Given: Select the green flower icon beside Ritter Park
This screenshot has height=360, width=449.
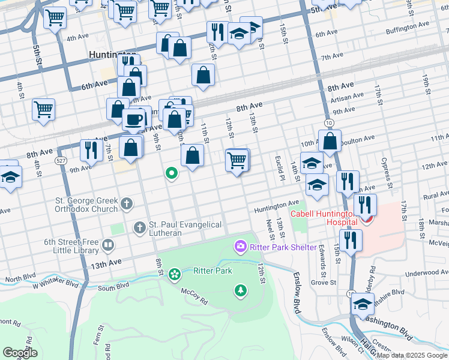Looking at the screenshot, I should tap(175, 275).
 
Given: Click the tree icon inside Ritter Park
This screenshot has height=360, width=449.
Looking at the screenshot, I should tap(241, 290).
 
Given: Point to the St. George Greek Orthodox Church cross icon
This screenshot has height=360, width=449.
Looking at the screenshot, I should tap(126, 205).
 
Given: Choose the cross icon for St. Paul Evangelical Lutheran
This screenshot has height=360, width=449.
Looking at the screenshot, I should tap(139, 227).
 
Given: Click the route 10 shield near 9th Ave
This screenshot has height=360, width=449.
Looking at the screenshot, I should tap(328, 122).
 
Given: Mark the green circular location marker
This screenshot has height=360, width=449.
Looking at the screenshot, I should tap(172, 174).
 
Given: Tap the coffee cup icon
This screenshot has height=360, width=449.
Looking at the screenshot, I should tap(133, 119).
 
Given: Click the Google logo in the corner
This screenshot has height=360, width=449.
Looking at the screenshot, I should tap(20, 353).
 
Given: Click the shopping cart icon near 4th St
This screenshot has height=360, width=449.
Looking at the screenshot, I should tap(44, 110).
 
